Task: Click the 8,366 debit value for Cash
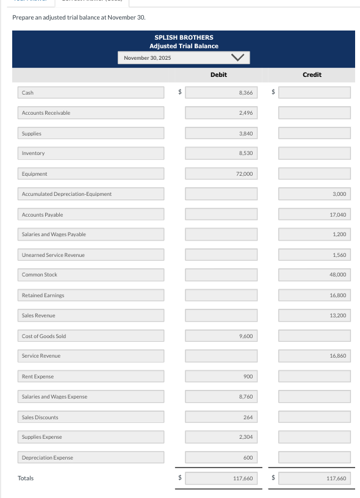221,93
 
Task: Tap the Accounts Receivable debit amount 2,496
221,113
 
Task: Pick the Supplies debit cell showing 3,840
221,133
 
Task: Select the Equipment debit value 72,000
221,174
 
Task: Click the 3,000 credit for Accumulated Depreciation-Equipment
315,194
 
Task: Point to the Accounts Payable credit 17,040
315,215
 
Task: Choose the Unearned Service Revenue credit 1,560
315,255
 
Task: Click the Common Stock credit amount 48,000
315,275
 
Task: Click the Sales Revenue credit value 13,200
315,316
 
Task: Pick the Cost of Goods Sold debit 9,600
221,336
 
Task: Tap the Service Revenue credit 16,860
315,356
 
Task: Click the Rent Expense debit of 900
221,377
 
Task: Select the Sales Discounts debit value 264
221,417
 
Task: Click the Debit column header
218,74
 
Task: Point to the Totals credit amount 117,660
315,478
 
